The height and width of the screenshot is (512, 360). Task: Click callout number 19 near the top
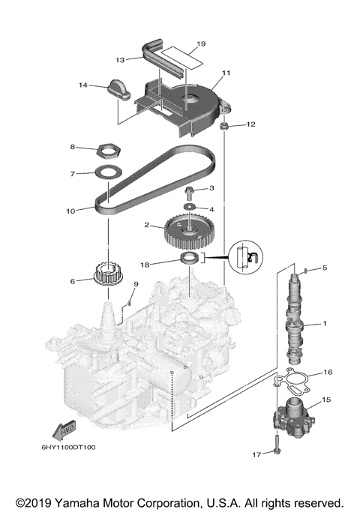click(x=201, y=44)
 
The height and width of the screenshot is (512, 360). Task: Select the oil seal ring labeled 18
click(x=189, y=259)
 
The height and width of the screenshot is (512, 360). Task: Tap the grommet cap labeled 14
click(x=120, y=88)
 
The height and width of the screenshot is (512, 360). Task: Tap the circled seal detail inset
click(x=244, y=256)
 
